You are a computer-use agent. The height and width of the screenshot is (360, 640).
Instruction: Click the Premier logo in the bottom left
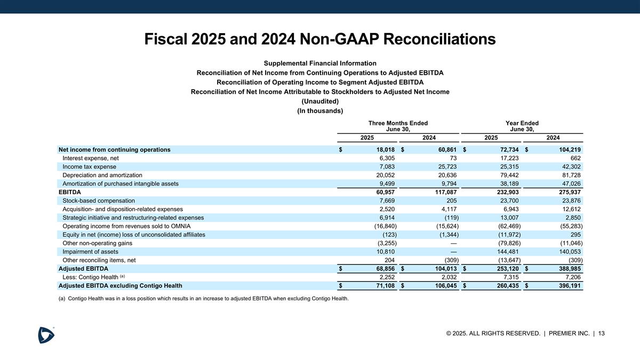(x=46, y=334)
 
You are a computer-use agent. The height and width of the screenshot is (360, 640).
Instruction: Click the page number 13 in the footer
(x=601, y=333)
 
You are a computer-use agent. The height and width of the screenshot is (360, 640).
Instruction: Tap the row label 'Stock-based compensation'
(x=99, y=201)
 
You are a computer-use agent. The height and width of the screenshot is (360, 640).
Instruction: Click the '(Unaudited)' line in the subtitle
(x=320, y=101)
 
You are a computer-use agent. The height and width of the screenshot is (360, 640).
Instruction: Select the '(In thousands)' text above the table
(x=320, y=111)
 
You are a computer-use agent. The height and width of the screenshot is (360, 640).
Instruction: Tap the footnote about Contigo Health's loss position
(x=203, y=298)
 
